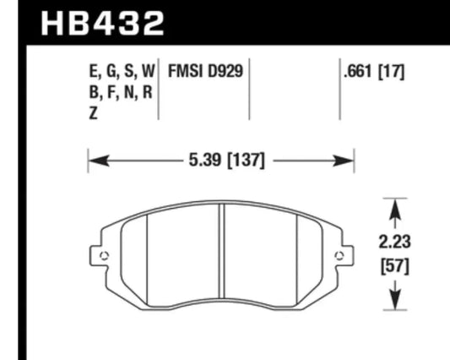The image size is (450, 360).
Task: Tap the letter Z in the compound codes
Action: point(93,113)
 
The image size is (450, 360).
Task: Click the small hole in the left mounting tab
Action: point(103,256)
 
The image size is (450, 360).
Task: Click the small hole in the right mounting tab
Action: point(339,256)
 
